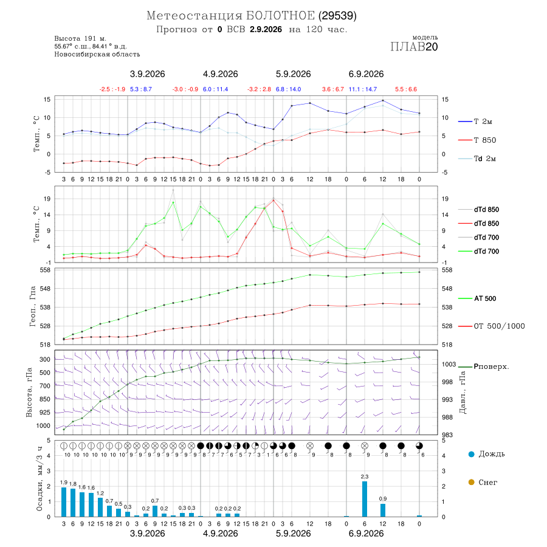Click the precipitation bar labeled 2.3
[x=365, y=499]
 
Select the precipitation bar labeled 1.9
[x=64, y=502]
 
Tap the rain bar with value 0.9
[x=383, y=510]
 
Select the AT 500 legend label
[x=485, y=298]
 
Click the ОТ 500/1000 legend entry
[x=499, y=326]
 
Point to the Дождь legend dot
[x=471, y=454]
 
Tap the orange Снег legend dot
[x=471, y=482]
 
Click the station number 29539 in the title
[x=338, y=16]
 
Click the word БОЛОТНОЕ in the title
[x=280, y=16]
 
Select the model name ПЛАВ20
[x=414, y=47]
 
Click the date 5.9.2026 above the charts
[x=293, y=74]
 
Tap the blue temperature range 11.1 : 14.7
[x=363, y=89]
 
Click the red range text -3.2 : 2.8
[x=259, y=89]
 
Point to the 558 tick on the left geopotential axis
[x=46, y=270]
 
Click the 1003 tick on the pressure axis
[x=449, y=364]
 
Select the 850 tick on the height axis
[x=44, y=399]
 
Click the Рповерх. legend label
[x=491, y=366]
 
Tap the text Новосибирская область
[x=97, y=54]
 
